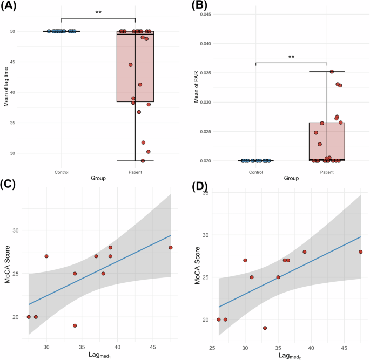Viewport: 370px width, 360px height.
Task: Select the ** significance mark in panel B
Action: coord(291,56)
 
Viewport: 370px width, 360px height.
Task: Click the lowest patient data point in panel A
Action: coord(143,161)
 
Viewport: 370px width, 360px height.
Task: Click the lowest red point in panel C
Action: coord(75,325)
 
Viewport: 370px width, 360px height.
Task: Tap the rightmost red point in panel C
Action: coord(171,248)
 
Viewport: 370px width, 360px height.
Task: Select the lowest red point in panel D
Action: coord(265,328)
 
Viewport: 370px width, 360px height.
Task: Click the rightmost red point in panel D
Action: coord(360,252)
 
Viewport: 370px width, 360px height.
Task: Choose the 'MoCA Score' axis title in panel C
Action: coord(6,270)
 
